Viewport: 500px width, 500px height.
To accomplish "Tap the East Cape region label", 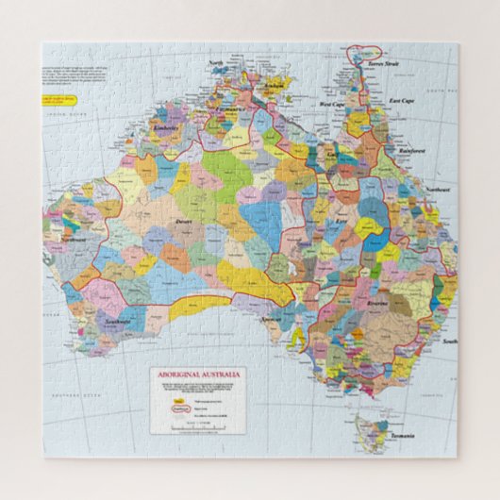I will pos(402,100).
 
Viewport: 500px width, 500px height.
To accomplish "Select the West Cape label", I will pos(332,104).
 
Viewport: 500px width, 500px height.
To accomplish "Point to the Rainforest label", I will pos(411,150).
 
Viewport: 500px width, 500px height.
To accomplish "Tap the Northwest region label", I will pos(74,240).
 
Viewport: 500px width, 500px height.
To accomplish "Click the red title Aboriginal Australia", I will pos(198,375).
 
